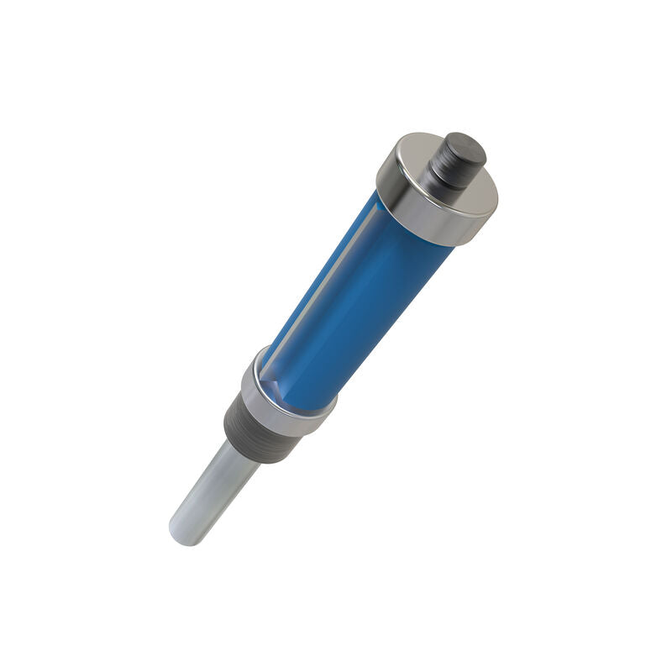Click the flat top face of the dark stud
point(466,148)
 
